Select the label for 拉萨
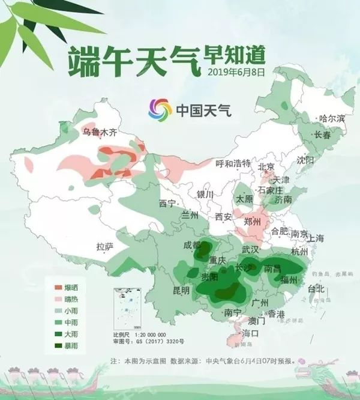click(104, 246)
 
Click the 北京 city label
click(266, 166)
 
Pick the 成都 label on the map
click(193, 244)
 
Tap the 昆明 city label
click(181, 290)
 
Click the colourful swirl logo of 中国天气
click(160, 109)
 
